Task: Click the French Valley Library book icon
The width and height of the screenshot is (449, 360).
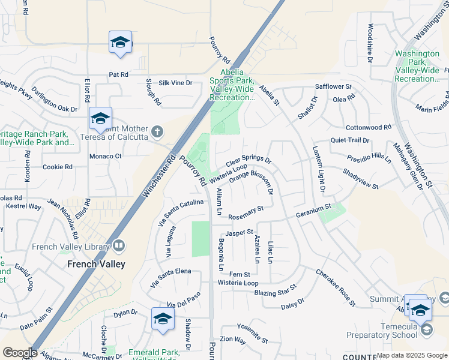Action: (118, 245)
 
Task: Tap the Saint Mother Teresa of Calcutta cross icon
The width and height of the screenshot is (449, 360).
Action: (157, 131)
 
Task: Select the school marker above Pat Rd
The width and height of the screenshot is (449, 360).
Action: (120, 43)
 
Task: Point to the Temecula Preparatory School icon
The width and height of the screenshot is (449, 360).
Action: (426, 329)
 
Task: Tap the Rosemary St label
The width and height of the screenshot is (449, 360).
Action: (246, 212)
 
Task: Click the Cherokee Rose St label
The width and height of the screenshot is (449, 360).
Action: (336, 286)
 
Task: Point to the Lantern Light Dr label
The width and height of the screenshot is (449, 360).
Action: (318, 171)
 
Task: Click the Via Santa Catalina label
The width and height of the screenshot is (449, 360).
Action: (182, 213)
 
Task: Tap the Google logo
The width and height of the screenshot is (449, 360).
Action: (20, 352)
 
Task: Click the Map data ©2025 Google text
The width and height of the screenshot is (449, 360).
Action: (411, 355)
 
